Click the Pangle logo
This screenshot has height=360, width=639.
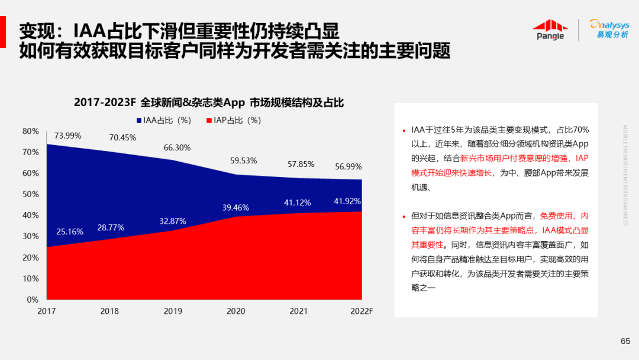[550, 30]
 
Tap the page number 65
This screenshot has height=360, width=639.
[625, 340]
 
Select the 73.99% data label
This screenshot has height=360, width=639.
[67, 136]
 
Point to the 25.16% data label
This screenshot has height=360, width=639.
[70, 231]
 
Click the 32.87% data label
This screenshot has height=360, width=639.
[173, 221]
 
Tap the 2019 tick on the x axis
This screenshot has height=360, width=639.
[173, 311]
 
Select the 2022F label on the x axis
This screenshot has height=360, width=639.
[361, 311]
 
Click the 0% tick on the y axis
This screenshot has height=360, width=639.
[33, 300]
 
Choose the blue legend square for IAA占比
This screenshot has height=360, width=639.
[139, 120]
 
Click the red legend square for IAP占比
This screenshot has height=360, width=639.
[209, 120]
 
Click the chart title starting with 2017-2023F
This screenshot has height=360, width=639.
[208, 102]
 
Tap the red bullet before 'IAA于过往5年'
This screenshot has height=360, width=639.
[404, 130]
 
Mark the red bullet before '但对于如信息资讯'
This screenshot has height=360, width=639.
[404, 217]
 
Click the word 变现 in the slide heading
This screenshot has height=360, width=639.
[35, 31]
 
